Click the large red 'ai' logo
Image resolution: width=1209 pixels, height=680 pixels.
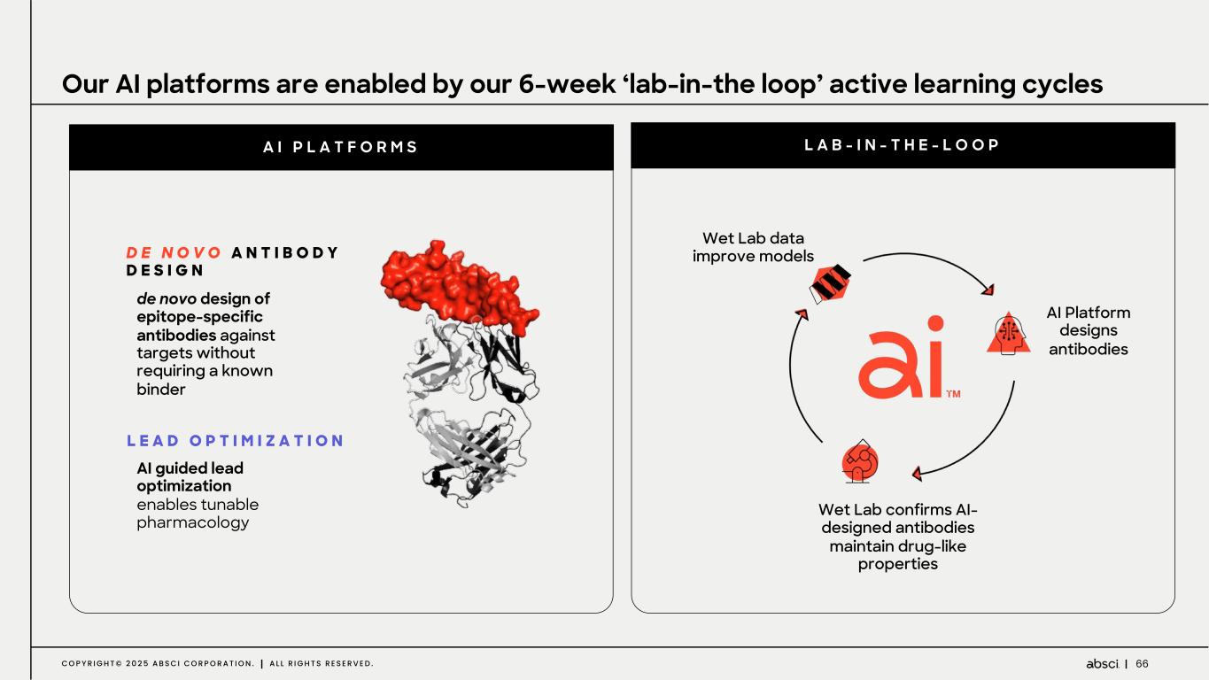click(902, 358)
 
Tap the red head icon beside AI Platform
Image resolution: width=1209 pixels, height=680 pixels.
click(1008, 334)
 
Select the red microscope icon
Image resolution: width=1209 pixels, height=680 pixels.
click(859, 461)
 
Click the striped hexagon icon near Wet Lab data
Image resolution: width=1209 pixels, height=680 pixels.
click(830, 283)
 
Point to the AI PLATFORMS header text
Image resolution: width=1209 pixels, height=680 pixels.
click(341, 147)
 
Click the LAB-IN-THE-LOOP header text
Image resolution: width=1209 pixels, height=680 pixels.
click(902, 144)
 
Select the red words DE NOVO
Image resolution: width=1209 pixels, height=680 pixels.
click(174, 252)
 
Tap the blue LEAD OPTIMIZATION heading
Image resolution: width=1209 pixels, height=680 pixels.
click(236, 440)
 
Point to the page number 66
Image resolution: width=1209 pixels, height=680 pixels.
click(1142, 663)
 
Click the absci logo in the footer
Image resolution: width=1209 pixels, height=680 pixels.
click(1102, 663)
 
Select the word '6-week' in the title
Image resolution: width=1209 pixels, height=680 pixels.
click(567, 84)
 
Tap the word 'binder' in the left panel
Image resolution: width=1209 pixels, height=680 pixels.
click(161, 389)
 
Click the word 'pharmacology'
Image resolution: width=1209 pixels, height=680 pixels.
click(193, 522)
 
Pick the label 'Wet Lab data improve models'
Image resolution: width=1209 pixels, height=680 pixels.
click(753, 247)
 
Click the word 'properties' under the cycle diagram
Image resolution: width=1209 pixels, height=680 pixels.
click(897, 564)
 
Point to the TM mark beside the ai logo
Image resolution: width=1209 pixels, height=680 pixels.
click(953, 394)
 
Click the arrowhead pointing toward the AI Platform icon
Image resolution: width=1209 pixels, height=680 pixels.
click(988, 290)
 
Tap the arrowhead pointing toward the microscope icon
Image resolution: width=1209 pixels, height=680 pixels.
click(917, 474)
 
